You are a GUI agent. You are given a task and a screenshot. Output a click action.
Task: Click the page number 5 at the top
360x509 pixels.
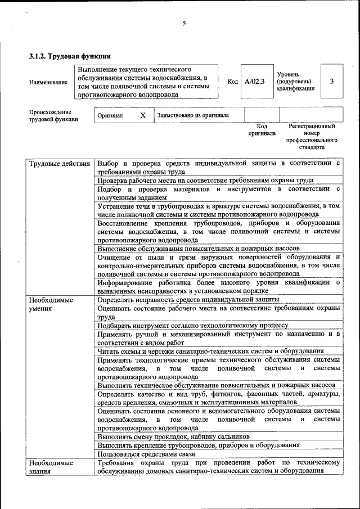(x=183, y=23)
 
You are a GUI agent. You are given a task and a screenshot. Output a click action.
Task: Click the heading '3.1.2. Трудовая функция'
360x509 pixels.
(x=69, y=56)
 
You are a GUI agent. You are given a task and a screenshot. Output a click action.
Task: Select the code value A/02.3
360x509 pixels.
(x=254, y=82)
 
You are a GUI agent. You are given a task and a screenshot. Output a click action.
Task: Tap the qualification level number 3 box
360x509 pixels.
(x=332, y=82)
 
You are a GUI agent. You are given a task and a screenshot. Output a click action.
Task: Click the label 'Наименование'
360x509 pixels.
(x=48, y=82)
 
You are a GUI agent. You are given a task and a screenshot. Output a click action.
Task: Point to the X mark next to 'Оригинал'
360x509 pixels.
(x=143, y=115)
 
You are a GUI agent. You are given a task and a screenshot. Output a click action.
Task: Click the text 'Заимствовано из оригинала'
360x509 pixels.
(x=193, y=115)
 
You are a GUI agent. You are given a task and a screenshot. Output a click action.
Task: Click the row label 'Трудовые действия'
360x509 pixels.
(x=60, y=164)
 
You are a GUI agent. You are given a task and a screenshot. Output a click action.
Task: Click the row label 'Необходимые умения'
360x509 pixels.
(x=51, y=304)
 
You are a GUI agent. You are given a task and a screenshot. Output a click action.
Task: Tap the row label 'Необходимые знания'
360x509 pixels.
(x=51, y=467)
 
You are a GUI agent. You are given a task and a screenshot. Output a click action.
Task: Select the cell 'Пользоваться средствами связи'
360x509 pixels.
(x=146, y=453)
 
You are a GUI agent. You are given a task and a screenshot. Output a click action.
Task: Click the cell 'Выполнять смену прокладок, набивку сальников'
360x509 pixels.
(x=173, y=436)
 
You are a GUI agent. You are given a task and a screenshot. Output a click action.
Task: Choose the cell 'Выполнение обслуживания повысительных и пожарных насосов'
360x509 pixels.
(x=198, y=248)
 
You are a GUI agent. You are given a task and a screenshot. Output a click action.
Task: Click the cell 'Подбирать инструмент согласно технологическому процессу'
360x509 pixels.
(x=192, y=326)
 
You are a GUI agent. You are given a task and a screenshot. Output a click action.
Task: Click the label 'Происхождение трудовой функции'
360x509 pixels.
(x=53, y=115)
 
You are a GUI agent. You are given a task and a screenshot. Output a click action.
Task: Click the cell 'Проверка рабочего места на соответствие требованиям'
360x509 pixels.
(x=205, y=181)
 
